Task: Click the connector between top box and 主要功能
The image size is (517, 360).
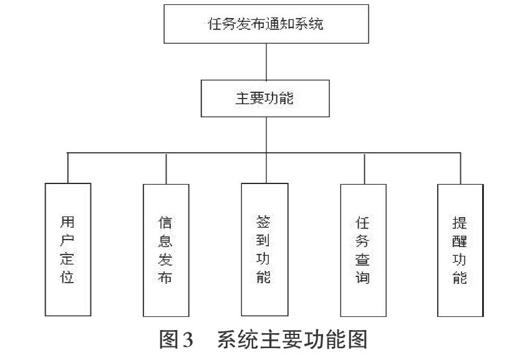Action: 266,62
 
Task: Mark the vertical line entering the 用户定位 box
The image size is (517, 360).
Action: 68,168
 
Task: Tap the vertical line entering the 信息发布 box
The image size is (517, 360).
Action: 166,169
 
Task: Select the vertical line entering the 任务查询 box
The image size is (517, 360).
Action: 364,169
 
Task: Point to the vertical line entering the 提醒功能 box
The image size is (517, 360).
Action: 461,168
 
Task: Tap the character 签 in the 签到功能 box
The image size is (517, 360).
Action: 263,221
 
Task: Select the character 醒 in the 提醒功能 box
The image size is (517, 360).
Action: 459,241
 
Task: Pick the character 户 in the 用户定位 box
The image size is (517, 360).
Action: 67,240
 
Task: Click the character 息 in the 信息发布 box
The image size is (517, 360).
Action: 165,241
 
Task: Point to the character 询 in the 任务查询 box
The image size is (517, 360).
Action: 362,277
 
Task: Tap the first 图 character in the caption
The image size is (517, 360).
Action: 169,339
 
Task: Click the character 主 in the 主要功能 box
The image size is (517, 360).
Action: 243,99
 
